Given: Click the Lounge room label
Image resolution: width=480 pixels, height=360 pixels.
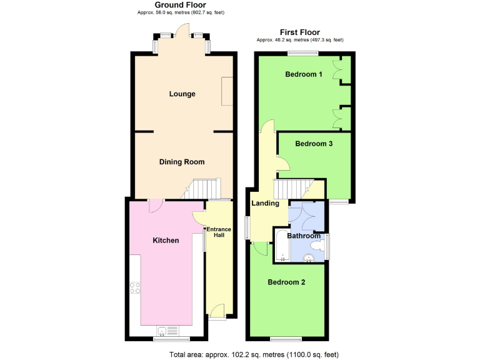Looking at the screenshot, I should click(182, 94).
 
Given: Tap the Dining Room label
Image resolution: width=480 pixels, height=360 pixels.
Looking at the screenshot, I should click(182, 162).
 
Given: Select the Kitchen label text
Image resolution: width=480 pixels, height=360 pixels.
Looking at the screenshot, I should click(166, 241).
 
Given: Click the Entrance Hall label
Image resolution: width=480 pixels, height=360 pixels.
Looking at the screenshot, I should click(219, 232).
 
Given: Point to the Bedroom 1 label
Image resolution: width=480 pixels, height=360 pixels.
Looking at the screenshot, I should click(304, 75).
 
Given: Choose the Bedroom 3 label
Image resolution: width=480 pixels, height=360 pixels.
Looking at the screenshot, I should click(314, 144).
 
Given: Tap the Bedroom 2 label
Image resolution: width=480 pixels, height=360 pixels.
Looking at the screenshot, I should click(286, 282).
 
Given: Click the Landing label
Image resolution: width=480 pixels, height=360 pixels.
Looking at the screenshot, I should click(265, 204).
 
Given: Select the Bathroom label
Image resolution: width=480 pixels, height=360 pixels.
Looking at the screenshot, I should click(304, 236).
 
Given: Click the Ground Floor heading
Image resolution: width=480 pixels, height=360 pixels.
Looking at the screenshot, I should click(180, 5).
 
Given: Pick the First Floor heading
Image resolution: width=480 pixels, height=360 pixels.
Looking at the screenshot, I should click(300, 32).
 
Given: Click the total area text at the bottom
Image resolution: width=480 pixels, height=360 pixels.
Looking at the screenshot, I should click(254, 354).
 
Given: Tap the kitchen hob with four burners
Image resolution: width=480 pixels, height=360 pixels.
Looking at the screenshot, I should click(135, 288).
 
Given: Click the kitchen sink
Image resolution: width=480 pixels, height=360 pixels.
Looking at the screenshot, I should click(163, 331).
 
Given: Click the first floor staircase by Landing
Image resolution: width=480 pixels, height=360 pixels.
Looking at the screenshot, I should click(292, 189).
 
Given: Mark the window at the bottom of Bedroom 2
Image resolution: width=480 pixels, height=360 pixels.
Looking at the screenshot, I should click(287, 339).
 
